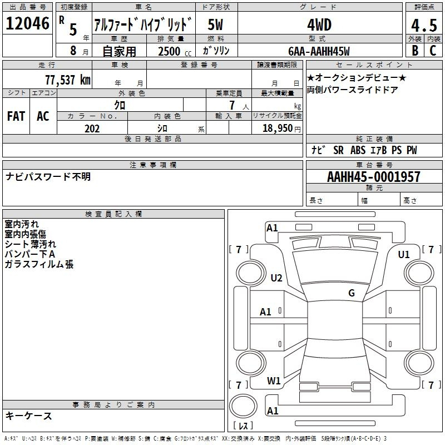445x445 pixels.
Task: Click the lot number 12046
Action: [x=27, y=23]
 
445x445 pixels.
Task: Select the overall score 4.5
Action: [x=424, y=26]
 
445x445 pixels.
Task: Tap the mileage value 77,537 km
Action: [x=68, y=80]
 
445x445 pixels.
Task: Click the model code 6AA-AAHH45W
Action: [x=319, y=51]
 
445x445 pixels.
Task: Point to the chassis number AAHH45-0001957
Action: [x=374, y=177]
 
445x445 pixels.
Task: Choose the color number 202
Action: [x=92, y=128]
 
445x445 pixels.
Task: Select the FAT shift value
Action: [x=16, y=116]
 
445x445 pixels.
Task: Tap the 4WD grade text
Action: [x=319, y=25]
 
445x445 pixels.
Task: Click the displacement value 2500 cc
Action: [x=175, y=51]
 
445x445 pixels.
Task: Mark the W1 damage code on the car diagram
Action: [x=274, y=380]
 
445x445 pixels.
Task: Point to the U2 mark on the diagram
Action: [x=276, y=278]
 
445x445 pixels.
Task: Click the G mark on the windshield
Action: [x=352, y=293]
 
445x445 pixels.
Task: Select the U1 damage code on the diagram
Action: [x=404, y=255]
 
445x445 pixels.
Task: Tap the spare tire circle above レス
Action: [x=243, y=406]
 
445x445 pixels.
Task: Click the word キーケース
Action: [x=28, y=416]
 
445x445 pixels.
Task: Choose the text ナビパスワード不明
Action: [x=48, y=176]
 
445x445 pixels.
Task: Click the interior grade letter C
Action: [x=433, y=51]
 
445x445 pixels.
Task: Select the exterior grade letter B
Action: [x=415, y=51]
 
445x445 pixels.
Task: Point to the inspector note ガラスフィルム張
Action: [x=39, y=264]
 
